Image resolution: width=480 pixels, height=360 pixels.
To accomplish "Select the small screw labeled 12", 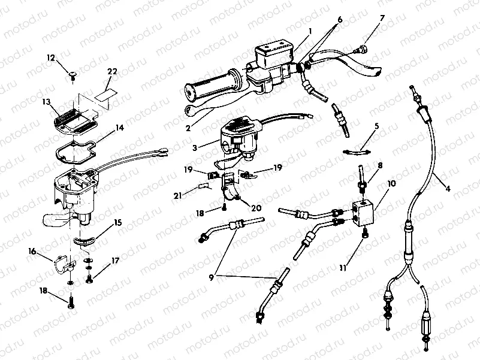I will pyautogui.click(x=71, y=74).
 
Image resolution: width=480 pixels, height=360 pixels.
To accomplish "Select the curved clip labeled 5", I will pyautogui.click(x=357, y=150).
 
